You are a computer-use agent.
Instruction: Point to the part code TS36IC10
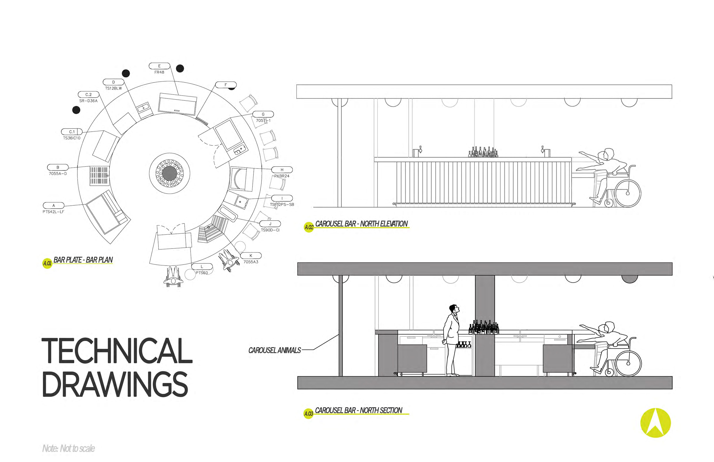pos(72,138)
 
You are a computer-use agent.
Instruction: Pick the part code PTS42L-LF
pos(53,212)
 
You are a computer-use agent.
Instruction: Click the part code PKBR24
pos(282,176)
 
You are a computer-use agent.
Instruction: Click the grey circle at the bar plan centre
pos(170,173)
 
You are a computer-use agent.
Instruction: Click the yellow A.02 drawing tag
pos(309,227)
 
